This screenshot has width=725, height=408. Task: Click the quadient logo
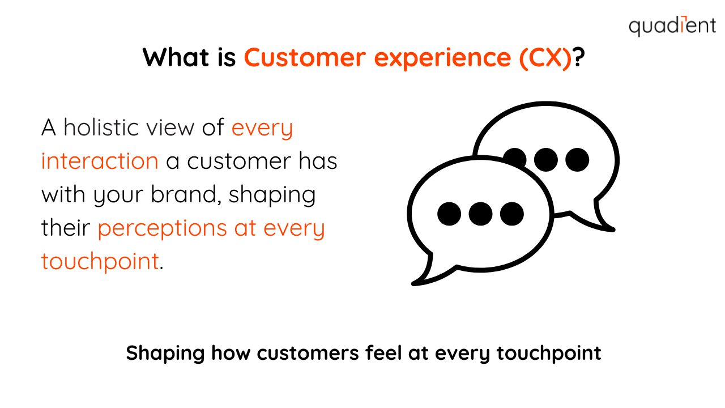click(x=672, y=25)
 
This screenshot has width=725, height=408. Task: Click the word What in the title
click(x=176, y=58)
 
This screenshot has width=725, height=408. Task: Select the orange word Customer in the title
click(x=305, y=58)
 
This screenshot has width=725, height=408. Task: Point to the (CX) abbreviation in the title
click(x=545, y=58)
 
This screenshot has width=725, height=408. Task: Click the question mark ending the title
click(x=578, y=57)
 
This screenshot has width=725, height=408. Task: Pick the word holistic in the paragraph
click(x=101, y=127)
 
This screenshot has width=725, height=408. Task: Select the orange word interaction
click(x=100, y=160)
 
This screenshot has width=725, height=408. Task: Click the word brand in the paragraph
click(x=184, y=194)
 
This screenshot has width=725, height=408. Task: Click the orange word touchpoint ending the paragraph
click(x=100, y=262)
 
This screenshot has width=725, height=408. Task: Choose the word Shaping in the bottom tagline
click(x=165, y=354)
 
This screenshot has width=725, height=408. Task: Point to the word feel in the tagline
click(x=383, y=352)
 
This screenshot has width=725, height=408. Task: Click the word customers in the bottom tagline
click(x=308, y=353)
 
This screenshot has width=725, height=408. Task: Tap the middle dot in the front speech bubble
click(x=480, y=214)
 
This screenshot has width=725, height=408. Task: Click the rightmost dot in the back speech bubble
click(x=577, y=160)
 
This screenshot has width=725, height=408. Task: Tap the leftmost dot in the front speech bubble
click(x=449, y=214)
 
